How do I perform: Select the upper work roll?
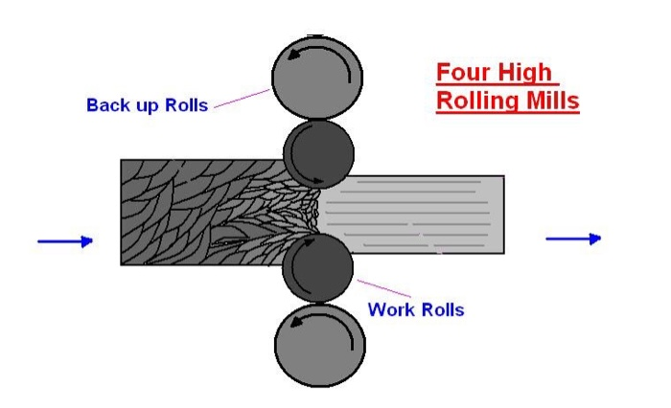click(318, 153)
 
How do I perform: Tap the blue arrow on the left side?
click(65, 241)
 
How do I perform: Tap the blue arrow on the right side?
click(573, 238)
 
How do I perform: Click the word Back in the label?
click(106, 105)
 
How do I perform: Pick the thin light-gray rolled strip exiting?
click(431, 215)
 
